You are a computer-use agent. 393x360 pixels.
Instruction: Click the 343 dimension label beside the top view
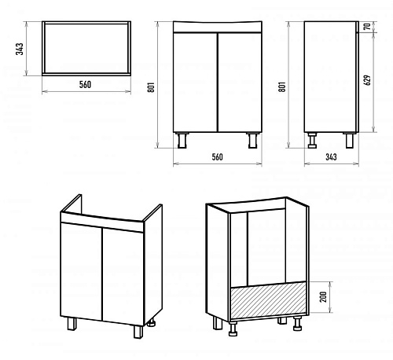tap(20, 49)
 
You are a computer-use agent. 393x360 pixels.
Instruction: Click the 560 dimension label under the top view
tap(85, 84)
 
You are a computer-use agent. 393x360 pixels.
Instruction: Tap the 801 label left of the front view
tap(151, 87)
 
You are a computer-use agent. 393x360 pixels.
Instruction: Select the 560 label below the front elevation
tap(217, 156)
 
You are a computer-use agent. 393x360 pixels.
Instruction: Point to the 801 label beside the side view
tap(282, 86)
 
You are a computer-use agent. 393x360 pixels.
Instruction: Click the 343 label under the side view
tap(331, 156)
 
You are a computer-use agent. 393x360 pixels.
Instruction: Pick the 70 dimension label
tap(368, 27)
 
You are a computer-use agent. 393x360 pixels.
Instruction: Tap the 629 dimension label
tap(368, 80)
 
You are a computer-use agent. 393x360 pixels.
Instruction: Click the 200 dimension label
tap(323, 297)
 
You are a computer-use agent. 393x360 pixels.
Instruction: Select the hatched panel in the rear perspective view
tap(268, 300)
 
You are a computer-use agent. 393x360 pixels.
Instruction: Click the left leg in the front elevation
tap(182, 141)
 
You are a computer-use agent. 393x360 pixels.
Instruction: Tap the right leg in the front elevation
tap(253, 141)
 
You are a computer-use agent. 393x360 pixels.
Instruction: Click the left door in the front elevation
tap(195, 83)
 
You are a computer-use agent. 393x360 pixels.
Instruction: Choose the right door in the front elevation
tap(240, 83)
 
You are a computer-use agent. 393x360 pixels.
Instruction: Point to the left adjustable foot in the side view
tap(312, 141)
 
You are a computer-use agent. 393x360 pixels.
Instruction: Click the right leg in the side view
tap(350, 141)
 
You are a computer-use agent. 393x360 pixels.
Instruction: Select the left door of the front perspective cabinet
tap(81, 271)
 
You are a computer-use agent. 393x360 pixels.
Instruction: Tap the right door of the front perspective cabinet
tap(123, 277)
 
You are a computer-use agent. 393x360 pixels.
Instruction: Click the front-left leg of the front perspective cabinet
tap(72, 323)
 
